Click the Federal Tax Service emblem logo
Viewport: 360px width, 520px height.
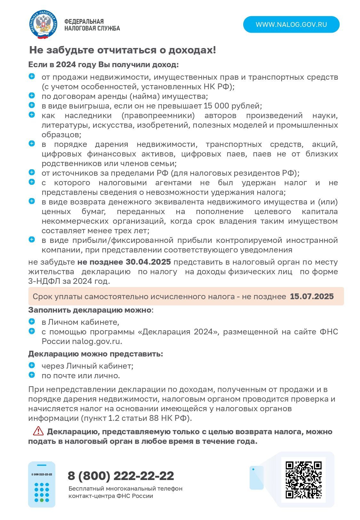coord(44,25)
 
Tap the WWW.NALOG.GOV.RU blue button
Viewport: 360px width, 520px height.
coord(291,25)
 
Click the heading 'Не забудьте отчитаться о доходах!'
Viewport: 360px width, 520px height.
coord(123,50)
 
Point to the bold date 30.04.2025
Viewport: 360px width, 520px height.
coord(148,262)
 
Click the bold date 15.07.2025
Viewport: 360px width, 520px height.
coord(312,296)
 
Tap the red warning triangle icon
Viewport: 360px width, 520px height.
coord(38,431)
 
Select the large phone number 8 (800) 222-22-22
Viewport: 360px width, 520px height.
coord(121,476)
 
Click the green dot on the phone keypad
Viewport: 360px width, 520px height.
coord(36,500)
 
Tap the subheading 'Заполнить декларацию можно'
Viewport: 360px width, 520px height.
coord(90,310)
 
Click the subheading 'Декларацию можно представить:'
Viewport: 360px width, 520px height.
coord(95,354)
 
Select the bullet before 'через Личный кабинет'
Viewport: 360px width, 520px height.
coord(32,365)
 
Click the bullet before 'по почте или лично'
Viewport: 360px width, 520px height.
coord(32,375)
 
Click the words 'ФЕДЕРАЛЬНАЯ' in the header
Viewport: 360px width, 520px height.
coord(84,21)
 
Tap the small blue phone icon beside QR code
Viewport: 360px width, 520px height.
coord(256,477)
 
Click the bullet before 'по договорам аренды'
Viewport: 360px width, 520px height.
coord(32,95)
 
